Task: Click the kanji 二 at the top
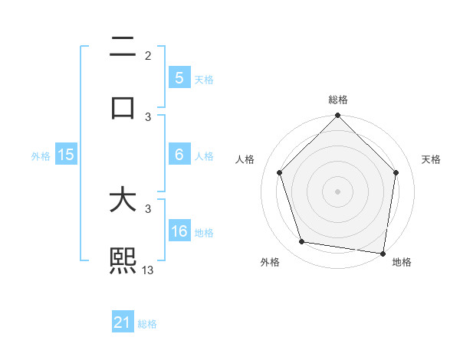click(123, 48)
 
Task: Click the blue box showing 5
click(179, 77)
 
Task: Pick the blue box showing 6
click(179, 155)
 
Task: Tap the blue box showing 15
click(66, 155)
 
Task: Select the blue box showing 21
click(123, 322)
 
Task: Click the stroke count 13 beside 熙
click(148, 270)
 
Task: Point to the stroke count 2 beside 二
click(148, 56)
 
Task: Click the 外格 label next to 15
click(41, 155)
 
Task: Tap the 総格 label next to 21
click(147, 324)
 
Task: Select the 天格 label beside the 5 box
click(204, 79)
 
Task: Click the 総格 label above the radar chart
click(338, 100)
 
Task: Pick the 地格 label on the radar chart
click(402, 262)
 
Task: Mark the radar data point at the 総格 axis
click(337, 116)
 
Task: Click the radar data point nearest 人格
click(280, 172)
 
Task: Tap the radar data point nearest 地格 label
click(383, 252)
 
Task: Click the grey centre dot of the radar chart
click(337, 191)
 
